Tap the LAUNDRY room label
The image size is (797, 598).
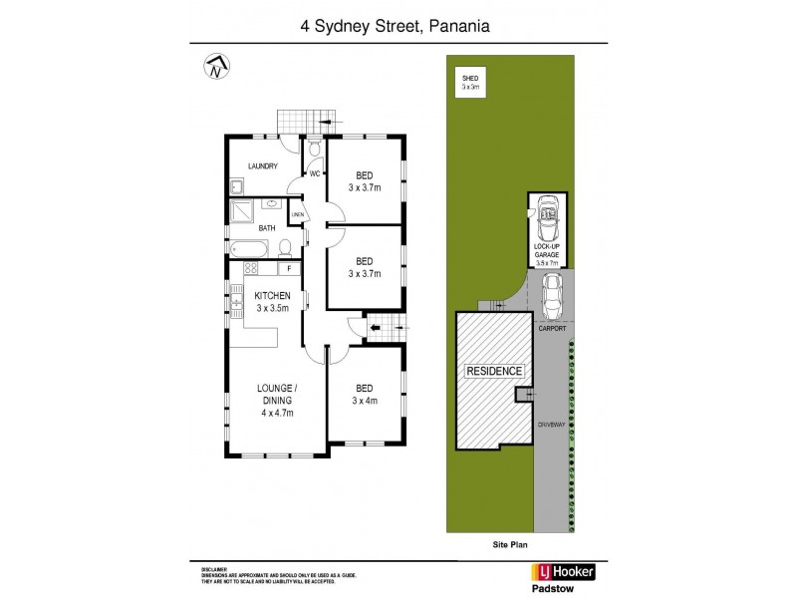point(258,166)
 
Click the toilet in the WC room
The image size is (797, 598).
point(313,149)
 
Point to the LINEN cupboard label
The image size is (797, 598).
point(297,215)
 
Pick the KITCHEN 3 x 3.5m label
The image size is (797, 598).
point(272,302)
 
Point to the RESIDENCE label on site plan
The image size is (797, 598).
point(495,371)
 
